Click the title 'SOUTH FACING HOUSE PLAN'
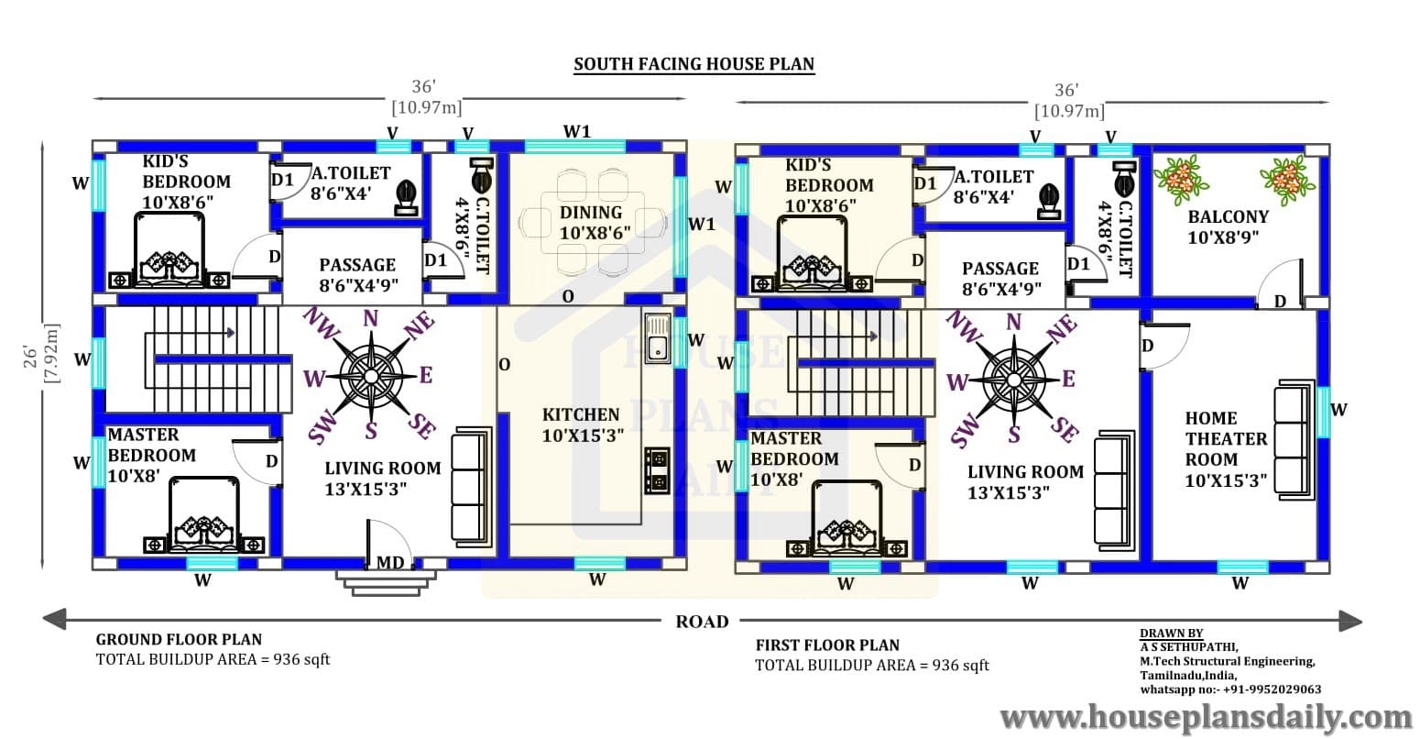694,64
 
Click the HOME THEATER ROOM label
1226,449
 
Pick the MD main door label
390,563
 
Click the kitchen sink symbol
658,338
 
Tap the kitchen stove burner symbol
657,470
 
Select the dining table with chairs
592,222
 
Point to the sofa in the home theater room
1294,440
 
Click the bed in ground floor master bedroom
204,515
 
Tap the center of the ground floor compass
371,377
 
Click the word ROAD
702,622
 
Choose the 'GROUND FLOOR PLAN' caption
179,639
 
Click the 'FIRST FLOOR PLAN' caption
827,645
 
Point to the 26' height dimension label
30,357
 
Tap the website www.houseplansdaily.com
1207,718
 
